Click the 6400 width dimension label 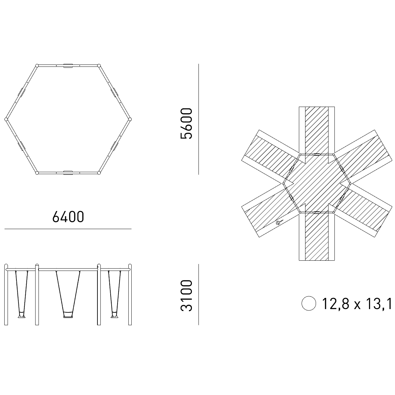[x=68, y=217]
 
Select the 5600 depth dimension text [x=186, y=124]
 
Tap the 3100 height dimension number [x=186, y=296]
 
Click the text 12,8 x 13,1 [x=357, y=303]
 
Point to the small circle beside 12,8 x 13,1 [x=309, y=303]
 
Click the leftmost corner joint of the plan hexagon [x=6, y=119]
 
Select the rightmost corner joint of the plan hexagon [x=130, y=119]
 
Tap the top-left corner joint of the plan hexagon [x=37, y=66]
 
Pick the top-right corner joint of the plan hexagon [x=99, y=66]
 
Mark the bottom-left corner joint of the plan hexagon [x=37, y=173]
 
